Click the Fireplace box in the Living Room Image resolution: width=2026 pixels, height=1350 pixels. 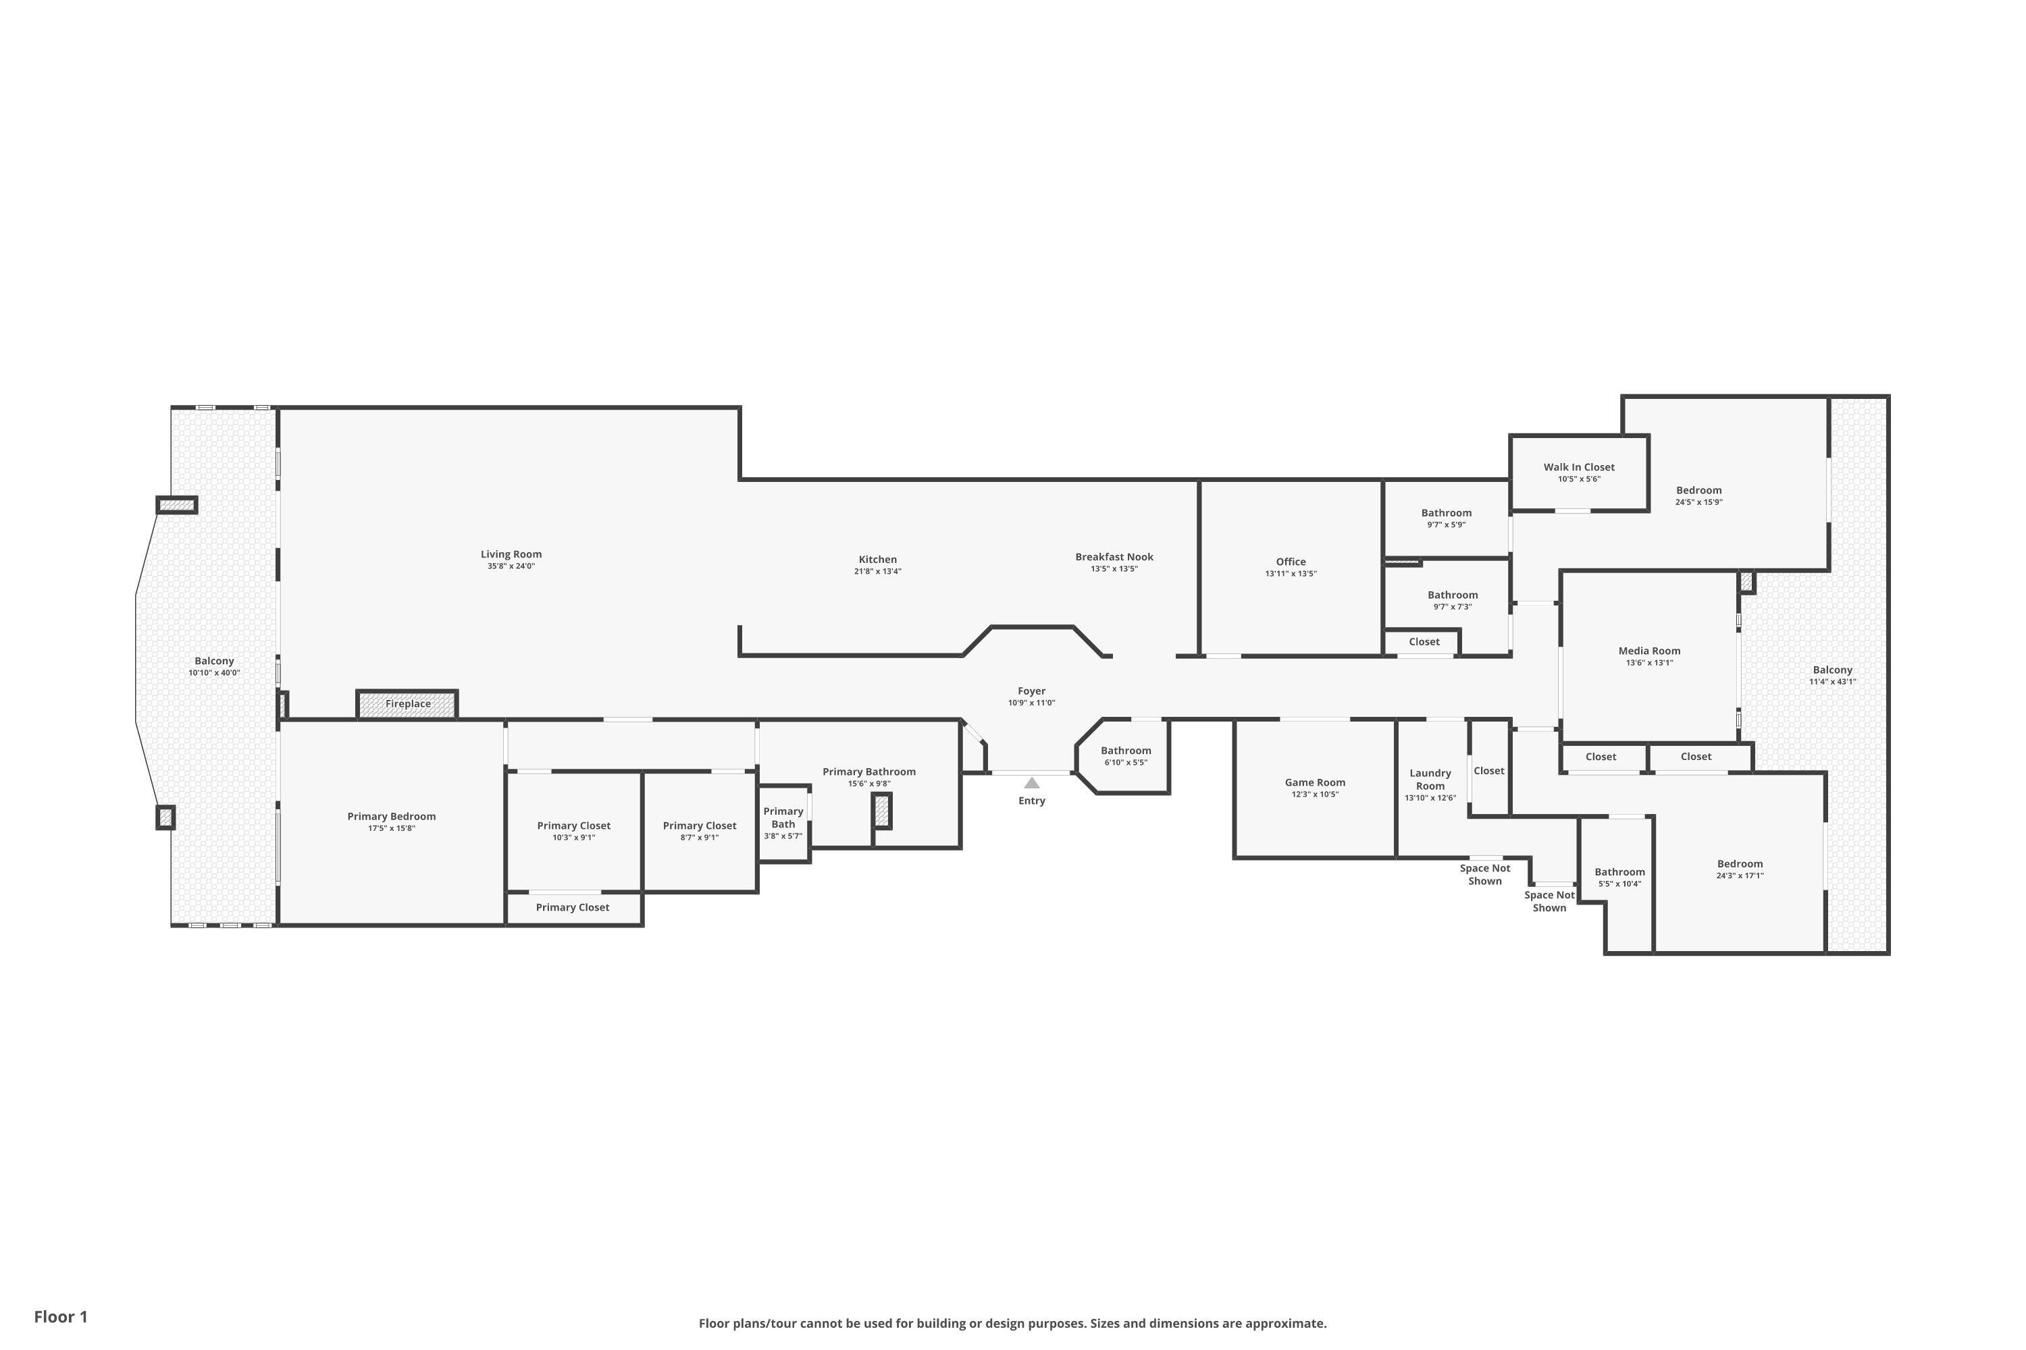[x=407, y=704]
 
